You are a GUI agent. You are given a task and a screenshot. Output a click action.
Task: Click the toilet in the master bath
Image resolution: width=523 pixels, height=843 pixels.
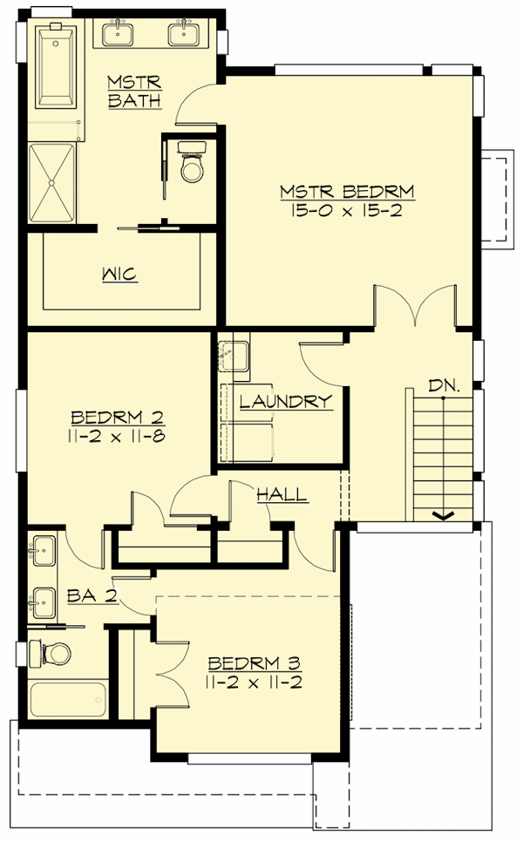pyautogui.click(x=191, y=166)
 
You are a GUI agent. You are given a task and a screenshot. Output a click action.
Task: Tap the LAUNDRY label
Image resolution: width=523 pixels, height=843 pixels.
pyautogui.click(x=285, y=402)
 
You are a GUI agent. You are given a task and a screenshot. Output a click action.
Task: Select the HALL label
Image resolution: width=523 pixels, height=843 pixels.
pyautogui.click(x=282, y=495)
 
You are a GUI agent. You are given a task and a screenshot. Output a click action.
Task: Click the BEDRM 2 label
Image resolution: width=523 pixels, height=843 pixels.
pyautogui.click(x=118, y=415)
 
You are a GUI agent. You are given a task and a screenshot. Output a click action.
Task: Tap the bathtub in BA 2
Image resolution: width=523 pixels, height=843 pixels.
pyautogui.click(x=68, y=699)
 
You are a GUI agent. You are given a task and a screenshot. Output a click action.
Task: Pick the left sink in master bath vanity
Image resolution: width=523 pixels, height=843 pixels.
pyautogui.click(x=118, y=34)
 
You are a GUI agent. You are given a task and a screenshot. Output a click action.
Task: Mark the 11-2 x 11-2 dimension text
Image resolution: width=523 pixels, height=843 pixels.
pyautogui.click(x=254, y=682)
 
